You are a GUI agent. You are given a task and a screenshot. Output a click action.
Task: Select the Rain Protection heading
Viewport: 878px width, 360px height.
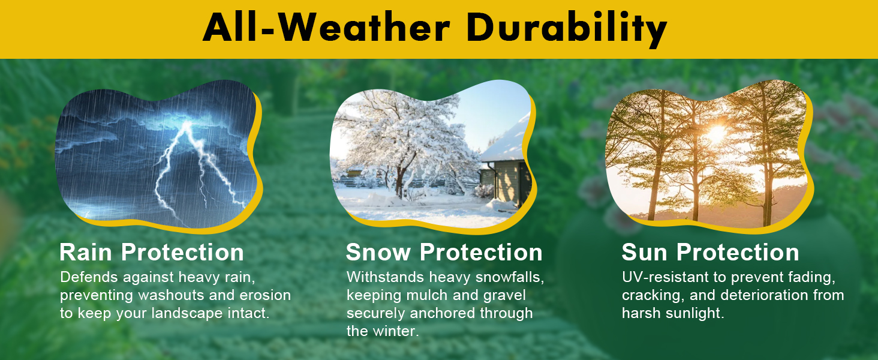click(152, 252)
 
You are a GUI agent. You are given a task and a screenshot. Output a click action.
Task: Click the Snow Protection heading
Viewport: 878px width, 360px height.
click(444, 252)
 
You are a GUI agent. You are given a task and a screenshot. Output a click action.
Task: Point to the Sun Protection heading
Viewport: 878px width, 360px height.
click(710, 252)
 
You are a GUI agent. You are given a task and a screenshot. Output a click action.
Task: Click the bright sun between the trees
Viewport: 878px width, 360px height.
click(716, 134)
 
